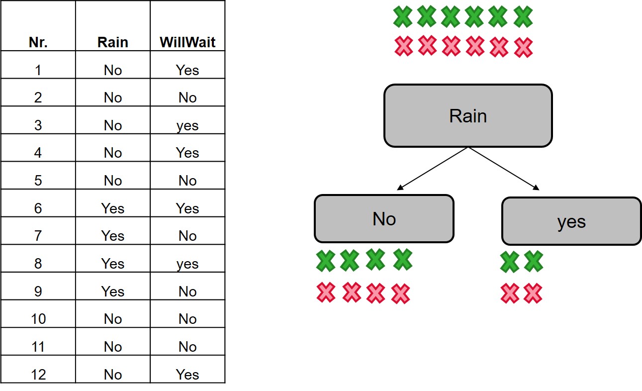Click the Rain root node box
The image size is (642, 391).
click(x=468, y=116)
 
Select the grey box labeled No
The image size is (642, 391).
click(x=384, y=218)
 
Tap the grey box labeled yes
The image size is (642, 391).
click(x=571, y=221)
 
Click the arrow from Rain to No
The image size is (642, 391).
click(x=432, y=169)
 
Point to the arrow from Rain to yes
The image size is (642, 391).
click(x=504, y=169)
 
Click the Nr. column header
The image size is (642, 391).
click(x=38, y=42)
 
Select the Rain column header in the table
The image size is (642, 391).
click(x=113, y=42)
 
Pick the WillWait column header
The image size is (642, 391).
click(x=187, y=42)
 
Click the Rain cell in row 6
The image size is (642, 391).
click(x=113, y=208)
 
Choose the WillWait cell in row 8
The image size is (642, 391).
click(x=187, y=264)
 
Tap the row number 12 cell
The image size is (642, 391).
click(x=38, y=374)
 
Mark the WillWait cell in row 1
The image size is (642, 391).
click(x=187, y=70)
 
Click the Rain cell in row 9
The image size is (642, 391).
click(x=113, y=292)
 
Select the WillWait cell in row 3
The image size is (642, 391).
click(x=187, y=125)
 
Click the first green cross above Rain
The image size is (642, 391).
click(x=403, y=17)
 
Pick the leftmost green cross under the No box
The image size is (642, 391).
click(x=326, y=261)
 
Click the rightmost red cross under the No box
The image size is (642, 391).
click(x=400, y=294)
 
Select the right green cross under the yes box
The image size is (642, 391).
click(x=533, y=262)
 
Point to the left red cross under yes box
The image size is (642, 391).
click(x=510, y=293)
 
